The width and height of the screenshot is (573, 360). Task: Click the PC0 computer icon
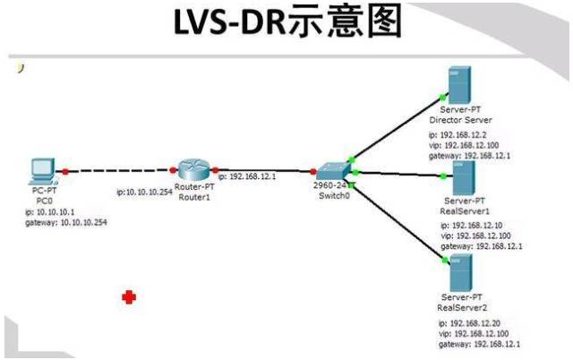[x=43, y=171]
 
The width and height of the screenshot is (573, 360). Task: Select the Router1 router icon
[x=194, y=170]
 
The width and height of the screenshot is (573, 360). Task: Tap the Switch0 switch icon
[x=332, y=171]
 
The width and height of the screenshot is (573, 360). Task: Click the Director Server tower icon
[x=459, y=85]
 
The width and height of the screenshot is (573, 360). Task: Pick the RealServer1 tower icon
[x=464, y=177]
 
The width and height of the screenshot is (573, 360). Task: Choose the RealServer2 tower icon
[x=461, y=273]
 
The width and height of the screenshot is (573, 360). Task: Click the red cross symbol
[x=129, y=297]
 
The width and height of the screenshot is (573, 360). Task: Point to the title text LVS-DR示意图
[x=288, y=21]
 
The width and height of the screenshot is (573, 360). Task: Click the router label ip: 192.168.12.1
[x=247, y=176]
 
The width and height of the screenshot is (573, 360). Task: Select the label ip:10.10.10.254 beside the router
[x=144, y=192]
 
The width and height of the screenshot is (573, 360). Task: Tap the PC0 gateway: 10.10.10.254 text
[x=66, y=222]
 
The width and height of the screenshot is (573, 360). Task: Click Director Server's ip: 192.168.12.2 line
[x=458, y=135]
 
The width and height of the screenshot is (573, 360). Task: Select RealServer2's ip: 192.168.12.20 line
[x=469, y=323]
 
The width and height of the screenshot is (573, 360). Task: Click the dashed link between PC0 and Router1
[x=119, y=170]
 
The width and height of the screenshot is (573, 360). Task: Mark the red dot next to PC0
[x=65, y=171]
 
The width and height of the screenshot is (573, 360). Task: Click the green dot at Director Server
[x=443, y=98]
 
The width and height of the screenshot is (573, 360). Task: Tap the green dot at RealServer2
[x=445, y=260]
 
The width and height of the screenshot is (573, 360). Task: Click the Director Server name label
[x=460, y=120]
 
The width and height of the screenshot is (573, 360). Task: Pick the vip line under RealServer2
[x=474, y=334]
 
